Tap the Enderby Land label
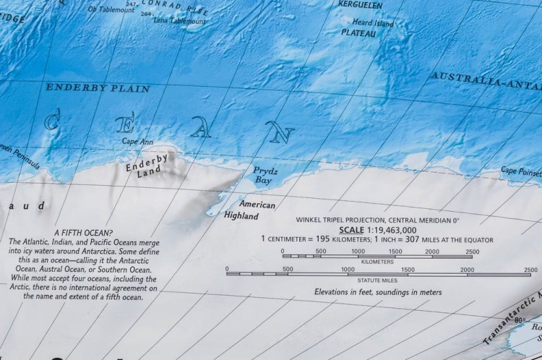pyautogui.click(x=147, y=166)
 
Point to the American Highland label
pyautogui.click(x=248, y=210)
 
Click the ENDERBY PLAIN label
pyautogui.click(x=98, y=88)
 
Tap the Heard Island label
pyautogui.click(x=373, y=23)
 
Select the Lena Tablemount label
pyautogui.click(x=180, y=21)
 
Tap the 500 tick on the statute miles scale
pyautogui.click(x=288, y=269)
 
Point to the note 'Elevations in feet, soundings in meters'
pyautogui.click(x=378, y=293)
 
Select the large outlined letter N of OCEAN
pyautogui.click(x=280, y=132)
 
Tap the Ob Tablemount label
pyautogui.click(x=112, y=10)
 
